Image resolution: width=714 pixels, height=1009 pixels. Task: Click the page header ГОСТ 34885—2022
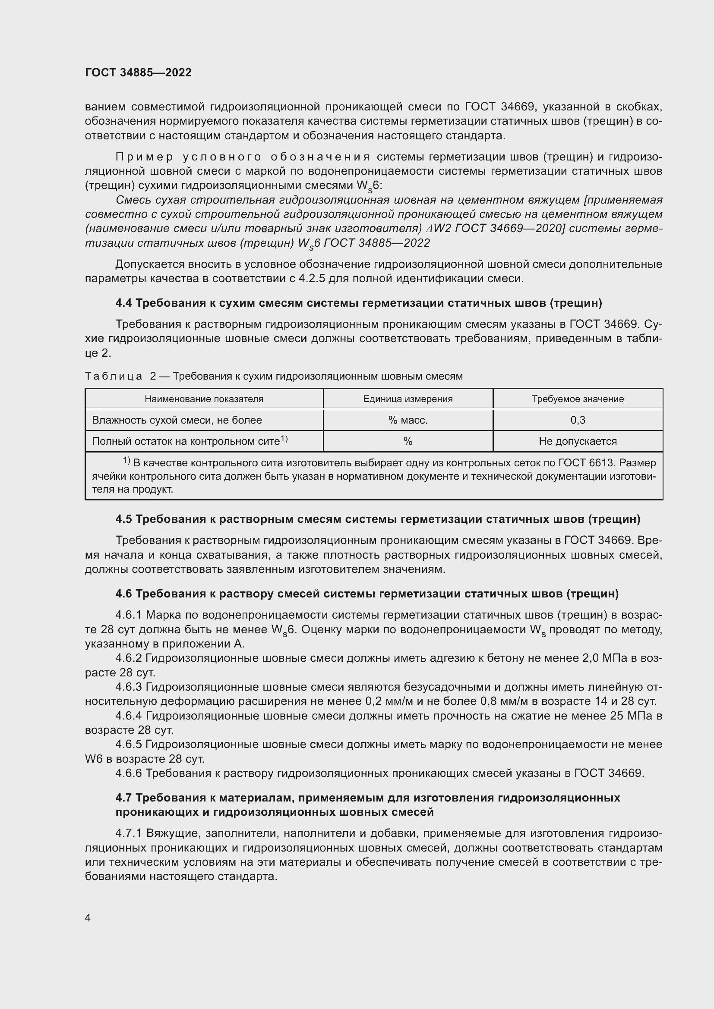(138, 72)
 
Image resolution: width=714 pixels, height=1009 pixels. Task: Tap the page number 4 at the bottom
(88, 918)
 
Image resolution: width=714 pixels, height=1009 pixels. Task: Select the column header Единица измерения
(408, 399)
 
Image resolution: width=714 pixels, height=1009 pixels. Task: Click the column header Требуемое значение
(578, 399)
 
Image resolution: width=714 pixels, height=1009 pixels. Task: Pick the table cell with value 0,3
(578, 420)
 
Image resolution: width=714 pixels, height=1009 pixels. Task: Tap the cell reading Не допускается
(578, 441)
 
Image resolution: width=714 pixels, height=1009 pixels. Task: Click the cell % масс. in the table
(408, 420)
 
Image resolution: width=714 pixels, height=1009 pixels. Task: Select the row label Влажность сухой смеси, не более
(177, 420)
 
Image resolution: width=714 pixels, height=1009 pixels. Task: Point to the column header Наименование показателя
(204, 399)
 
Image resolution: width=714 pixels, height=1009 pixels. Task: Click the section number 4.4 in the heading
(123, 303)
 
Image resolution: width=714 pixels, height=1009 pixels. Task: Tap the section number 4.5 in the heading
(123, 519)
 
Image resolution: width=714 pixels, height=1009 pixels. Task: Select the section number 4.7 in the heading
(123, 798)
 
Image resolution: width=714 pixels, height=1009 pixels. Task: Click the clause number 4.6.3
(129, 687)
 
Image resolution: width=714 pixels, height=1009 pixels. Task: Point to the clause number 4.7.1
(129, 833)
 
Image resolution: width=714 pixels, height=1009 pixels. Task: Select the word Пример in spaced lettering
(145, 157)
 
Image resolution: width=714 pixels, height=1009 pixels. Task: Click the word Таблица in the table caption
(114, 376)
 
